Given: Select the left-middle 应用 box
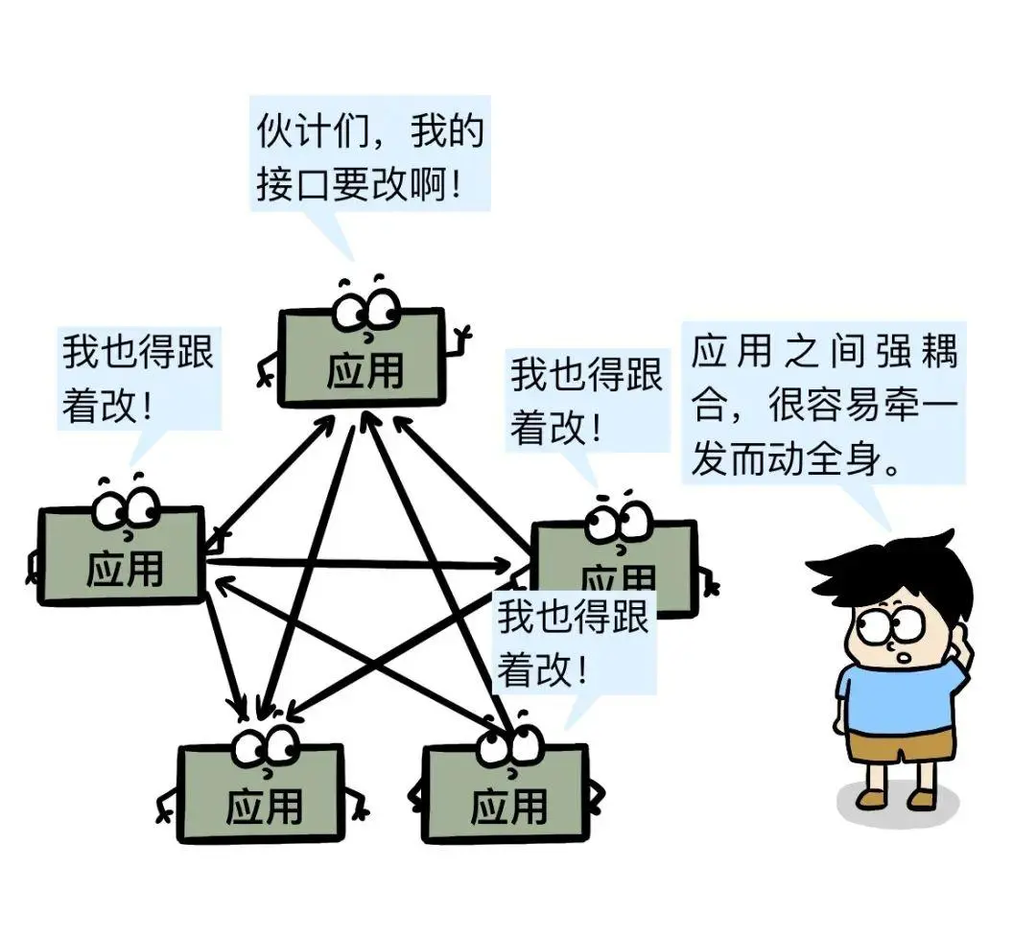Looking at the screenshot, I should [x=122, y=556].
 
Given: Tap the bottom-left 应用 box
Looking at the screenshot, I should [x=260, y=795].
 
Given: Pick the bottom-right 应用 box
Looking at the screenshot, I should [x=506, y=795].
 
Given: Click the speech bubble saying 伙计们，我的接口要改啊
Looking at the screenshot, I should [x=370, y=153].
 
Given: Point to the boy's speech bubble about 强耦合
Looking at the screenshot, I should [x=823, y=402].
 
